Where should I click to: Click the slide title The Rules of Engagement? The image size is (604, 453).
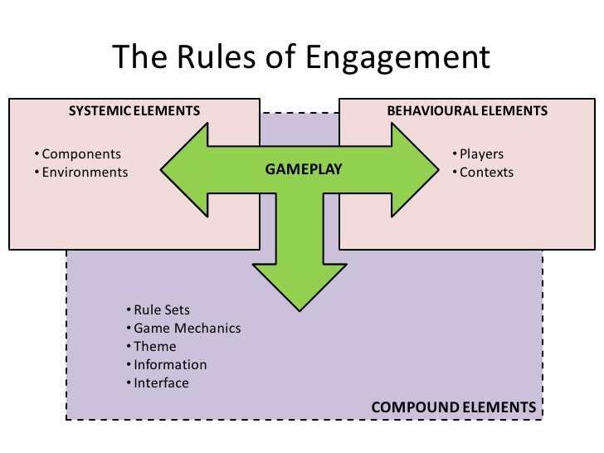pyautogui.click(x=301, y=57)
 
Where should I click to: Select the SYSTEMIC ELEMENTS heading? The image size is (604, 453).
pyautogui.click(x=134, y=110)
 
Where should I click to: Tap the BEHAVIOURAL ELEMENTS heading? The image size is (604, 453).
pyautogui.click(x=467, y=110)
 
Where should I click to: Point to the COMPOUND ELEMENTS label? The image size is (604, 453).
pyautogui.click(x=453, y=407)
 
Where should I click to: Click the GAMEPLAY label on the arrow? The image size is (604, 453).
pyautogui.click(x=303, y=169)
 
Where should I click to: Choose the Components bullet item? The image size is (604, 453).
pyautogui.click(x=80, y=154)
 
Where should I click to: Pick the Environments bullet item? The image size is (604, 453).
pyautogui.click(x=85, y=173)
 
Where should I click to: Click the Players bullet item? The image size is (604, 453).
pyautogui.click(x=481, y=154)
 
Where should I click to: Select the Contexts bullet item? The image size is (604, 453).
pyautogui.click(x=486, y=173)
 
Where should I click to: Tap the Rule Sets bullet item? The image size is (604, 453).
pyautogui.click(x=162, y=310)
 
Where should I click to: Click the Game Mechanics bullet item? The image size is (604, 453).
pyautogui.click(x=187, y=329)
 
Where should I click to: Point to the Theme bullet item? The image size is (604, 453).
pyautogui.click(x=154, y=347)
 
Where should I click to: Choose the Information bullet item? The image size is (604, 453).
pyautogui.click(x=170, y=365)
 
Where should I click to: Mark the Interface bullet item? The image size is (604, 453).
pyautogui.click(x=161, y=383)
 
